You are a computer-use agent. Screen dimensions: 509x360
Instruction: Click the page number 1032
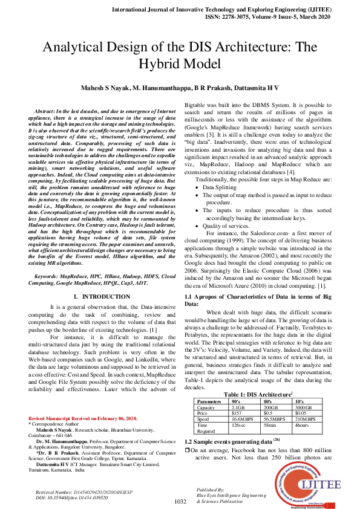pyautogui.click(x=180, y=502)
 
